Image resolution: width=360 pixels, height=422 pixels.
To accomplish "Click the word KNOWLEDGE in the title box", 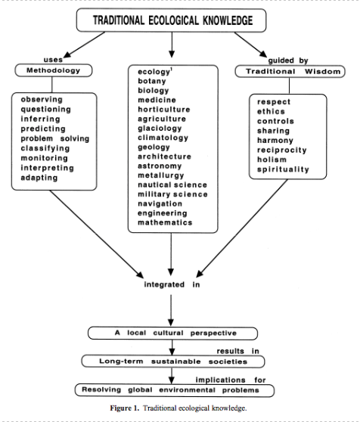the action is pyautogui.click(x=228, y=20).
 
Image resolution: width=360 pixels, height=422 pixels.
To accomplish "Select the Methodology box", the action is pyautogui.click(x=54, y=70).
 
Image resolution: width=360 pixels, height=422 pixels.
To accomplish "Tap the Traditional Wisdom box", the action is pyautogui.click(x=290, y=71).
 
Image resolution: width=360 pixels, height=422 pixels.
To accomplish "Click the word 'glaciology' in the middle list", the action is pyautogui.click(x=160, y=129).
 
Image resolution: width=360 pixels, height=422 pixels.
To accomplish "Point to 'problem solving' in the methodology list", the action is pyautogui.click(x=55, y=138).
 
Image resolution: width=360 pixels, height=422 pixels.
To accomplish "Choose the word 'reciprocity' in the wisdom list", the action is pyautogui.click(x=281, y=150).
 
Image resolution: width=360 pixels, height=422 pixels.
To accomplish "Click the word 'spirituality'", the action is pyautogui.click(x=283, y=169).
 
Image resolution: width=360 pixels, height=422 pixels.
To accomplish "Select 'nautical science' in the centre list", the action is pyautogui.click(x=172, y=185).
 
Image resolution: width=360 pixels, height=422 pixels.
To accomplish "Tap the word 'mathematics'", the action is pyautogui.click(x=165, y=222).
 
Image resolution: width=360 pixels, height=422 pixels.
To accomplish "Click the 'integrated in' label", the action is pyautogui.click(x=172, y=284).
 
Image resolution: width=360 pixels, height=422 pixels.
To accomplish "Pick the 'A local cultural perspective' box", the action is pyautogui.click(x=172, y=334).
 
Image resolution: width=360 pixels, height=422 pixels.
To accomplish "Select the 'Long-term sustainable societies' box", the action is pyautogui.click(x=173, y=361).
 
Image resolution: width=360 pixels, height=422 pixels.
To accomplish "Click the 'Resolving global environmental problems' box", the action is pyautogui.click(x=175, y=390).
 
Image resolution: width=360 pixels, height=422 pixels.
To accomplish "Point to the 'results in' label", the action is pyautogui.click(x=237, y=351).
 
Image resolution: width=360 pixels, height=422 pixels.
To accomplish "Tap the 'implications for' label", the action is pyautogui.click(x=231, y=380).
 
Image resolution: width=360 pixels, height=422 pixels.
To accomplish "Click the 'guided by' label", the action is pyautogui.click(x=288, y=61).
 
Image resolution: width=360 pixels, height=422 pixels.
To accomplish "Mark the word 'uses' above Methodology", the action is pyautogui.click(x=53, y=60).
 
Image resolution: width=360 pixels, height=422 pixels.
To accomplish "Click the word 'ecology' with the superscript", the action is pyautogui.click(x=155, y=72).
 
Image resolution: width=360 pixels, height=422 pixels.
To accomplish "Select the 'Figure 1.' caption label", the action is pyautogui.click(x=125, y=408).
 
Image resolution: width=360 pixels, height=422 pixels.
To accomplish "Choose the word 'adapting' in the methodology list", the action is pyautogui.click(x=39, y=178).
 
